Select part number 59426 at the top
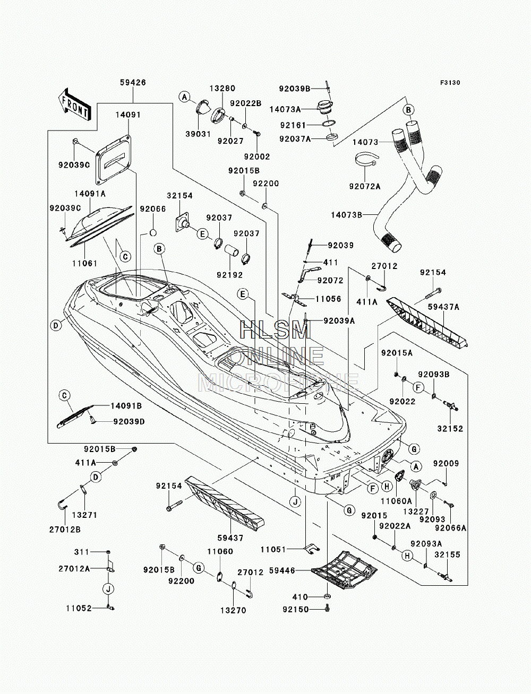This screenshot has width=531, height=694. (x=133, y=83)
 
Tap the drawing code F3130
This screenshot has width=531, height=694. (x=450, y=83)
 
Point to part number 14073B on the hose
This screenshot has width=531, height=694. (x=347, y=215)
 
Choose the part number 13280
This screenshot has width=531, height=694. (x=222, y=88)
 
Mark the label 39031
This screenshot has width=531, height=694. (x=198, y=134)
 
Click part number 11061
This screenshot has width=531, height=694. (x=85, y=263)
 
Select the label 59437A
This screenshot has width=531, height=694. (x=443, y=307)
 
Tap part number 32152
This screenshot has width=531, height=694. (x=450, y=429)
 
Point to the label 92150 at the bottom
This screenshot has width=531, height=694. (x=296, y=609)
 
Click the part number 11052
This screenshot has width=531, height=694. (x=79, y=608)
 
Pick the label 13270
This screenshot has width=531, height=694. (x=233, y=610)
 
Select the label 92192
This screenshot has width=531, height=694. (x=230, y=275)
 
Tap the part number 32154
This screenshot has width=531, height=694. (x=179, y=196)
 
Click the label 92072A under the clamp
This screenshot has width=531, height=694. (x=365, y=187)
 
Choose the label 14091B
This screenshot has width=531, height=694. (x=126, y=406)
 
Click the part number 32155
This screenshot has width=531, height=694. (x=448, y=554)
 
